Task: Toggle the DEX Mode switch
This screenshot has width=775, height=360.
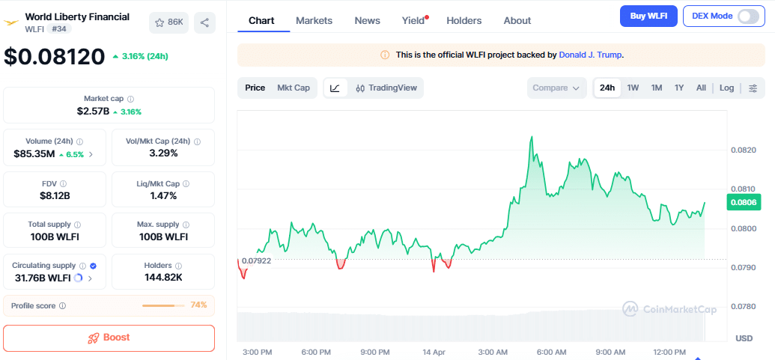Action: click(x=747, y=16)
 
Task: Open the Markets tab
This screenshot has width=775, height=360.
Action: click(x=314, y=21)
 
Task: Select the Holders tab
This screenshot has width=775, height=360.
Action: click(x=464, y=21)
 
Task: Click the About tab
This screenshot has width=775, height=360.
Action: click(x=517, y=21)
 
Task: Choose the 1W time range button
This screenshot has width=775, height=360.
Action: click(x=633, y=88)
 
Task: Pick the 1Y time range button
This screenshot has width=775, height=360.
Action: click(x=679, y=88)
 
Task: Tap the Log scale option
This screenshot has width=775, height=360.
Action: click(x=726, y=88)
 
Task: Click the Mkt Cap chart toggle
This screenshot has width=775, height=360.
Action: click(x=293, y=88)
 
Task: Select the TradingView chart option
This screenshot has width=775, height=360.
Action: click(x=386, y=88)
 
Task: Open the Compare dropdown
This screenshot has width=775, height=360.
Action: click(x=556, y=88)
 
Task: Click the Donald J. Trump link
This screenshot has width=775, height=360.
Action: click(x=590, y=55)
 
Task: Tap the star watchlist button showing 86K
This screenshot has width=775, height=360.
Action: click(x=168, y=22)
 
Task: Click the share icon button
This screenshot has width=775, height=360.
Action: click(x=204, y=22)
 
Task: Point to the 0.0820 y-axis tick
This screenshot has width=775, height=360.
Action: click(x=742, y=150)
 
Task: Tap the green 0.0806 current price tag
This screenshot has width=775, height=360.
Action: click(x=742, y=202)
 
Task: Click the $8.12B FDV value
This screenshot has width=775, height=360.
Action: click(x=55, y=196)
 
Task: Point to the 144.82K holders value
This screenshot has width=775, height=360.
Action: click(x=163, y=278)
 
